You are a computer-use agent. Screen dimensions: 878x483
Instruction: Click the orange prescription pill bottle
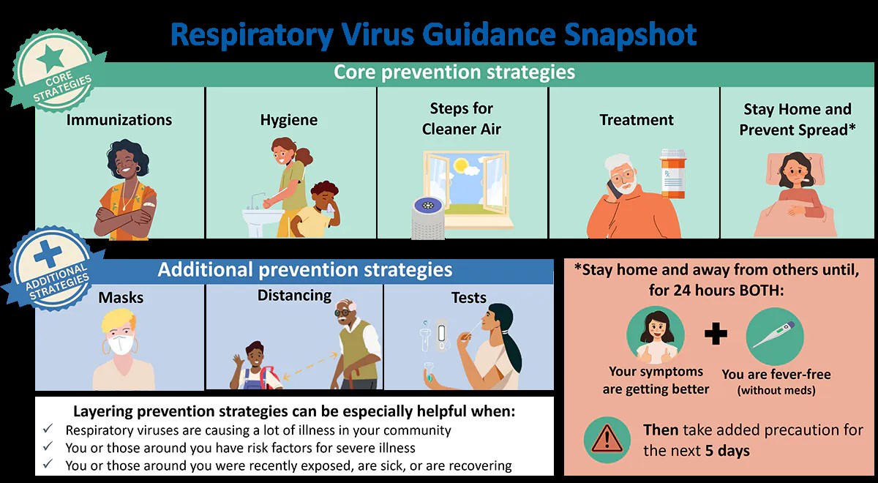673,173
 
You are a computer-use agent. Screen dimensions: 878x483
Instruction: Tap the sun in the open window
460,165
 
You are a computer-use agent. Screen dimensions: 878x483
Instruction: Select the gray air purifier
427,217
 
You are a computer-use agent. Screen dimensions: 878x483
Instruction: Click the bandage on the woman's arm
150,205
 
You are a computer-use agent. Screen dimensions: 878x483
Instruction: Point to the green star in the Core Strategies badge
50,59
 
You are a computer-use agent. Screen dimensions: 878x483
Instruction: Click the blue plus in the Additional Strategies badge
48,254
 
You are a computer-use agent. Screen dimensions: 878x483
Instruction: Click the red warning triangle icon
607,439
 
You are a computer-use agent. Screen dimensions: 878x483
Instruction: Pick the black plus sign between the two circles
716,334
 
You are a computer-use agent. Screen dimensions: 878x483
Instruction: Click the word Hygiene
289,120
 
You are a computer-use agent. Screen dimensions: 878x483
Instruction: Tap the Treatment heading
637,119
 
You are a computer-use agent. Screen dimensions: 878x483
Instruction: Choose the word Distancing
294,295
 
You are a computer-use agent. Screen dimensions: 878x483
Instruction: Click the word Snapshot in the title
630,34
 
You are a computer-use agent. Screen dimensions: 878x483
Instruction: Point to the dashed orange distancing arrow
309,367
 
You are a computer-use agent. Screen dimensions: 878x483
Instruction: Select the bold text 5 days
727,451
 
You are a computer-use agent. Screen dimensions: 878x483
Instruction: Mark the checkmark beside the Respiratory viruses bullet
48,429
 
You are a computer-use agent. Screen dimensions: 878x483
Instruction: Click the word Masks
121,298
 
